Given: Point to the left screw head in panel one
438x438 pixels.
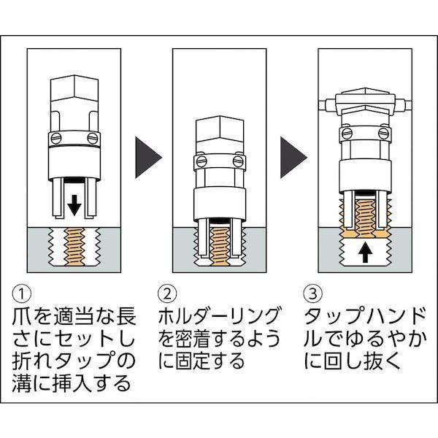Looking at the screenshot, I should [54, 137].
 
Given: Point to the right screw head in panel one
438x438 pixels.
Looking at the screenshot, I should [91, 137].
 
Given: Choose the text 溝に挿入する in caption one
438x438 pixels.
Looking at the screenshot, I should [72, 383].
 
